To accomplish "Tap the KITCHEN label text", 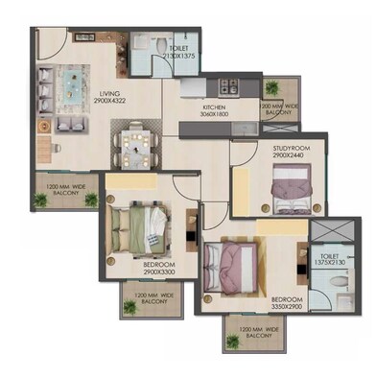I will point(213,106).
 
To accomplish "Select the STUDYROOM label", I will point(281,146).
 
